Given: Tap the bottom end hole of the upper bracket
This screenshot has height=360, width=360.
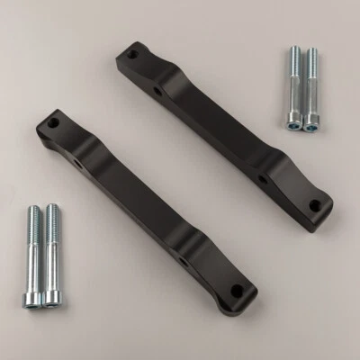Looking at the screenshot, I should (314, 205).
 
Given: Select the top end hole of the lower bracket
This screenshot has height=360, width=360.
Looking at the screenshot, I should (53, 122).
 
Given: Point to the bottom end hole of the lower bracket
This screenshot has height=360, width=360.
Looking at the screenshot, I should (237, 291).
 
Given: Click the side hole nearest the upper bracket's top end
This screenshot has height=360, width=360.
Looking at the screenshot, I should (158, 91).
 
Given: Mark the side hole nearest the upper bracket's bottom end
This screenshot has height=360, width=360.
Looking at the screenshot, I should (263, 179).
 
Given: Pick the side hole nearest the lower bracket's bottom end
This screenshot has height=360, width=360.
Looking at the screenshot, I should (183, 261).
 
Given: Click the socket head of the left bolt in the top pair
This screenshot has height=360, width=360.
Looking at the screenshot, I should (294, 125).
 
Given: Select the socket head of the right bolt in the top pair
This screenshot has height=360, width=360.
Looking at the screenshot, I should (310, 125).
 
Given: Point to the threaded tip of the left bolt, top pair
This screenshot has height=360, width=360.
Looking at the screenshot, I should (293, 52).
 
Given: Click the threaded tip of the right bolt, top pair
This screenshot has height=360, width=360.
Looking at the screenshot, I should (310, 52).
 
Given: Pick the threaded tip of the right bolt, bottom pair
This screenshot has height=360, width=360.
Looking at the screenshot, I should (51, 211).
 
